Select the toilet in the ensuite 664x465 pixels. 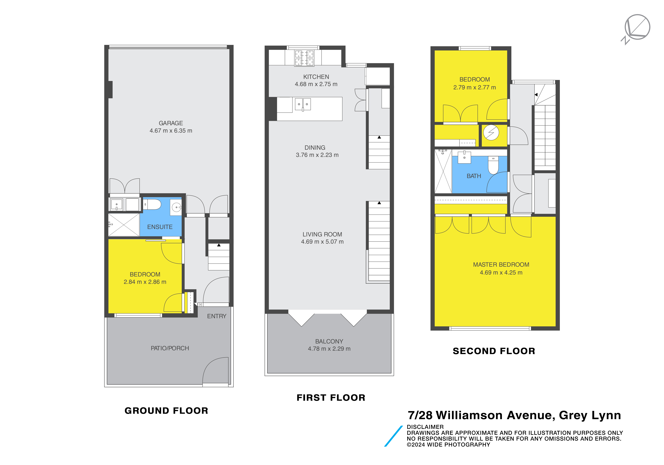tap(152, 204)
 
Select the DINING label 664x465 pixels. tap(315, 148)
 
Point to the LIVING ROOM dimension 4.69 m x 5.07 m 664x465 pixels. tap(322, 242)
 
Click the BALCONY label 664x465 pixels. tap(329, 341)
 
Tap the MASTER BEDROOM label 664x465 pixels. tap(501, 265)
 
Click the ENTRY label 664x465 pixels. tap(217, 316)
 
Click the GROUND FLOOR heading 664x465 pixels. tap(166, 411)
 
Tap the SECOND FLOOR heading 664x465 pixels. tap(494, 351)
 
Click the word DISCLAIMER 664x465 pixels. tap(425, 427)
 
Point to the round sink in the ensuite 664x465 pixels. tap(176, 207)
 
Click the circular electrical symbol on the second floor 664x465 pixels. tap(491, 132)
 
